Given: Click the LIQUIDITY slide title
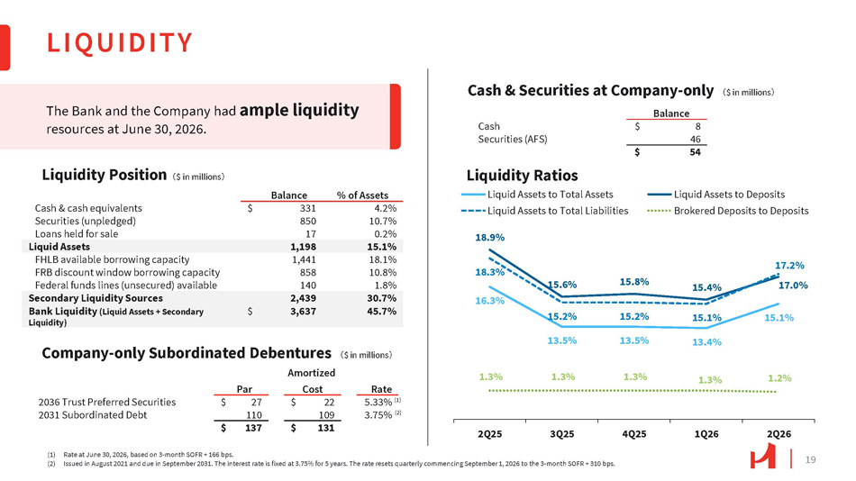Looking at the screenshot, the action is [x=120, y=42].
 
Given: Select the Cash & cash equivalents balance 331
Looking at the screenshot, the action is [x=308, y=208].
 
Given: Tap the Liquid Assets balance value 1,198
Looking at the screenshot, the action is [x=303, y=247].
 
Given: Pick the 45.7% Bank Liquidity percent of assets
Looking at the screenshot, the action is [x=382, y=311].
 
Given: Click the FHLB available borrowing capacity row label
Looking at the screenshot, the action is [x=112, y=259].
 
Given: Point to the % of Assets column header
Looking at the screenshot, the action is [x=362, y=195].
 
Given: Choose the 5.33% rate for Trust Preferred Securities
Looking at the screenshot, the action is [x=378, y=402].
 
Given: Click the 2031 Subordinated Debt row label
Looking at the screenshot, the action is [x=92, y=415].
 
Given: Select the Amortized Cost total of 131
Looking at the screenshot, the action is [x=326, y=428].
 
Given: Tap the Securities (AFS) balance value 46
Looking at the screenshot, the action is [x=695, y=140].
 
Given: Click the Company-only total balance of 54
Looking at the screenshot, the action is [x=695, y=152].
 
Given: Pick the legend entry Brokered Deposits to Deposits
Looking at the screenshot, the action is [x=728, y=211].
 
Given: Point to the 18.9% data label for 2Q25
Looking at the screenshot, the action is [x=489, y=238].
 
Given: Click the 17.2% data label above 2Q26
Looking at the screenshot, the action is [x=789, y=266].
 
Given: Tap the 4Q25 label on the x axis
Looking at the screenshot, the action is [x=634, y=434].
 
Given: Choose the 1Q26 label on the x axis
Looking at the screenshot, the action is [x=706, y=434].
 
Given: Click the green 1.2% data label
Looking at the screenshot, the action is [x=779, y=377].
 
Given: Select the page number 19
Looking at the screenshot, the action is [x=811, y=459].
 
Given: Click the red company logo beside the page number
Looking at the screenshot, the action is [x=762, y=456].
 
